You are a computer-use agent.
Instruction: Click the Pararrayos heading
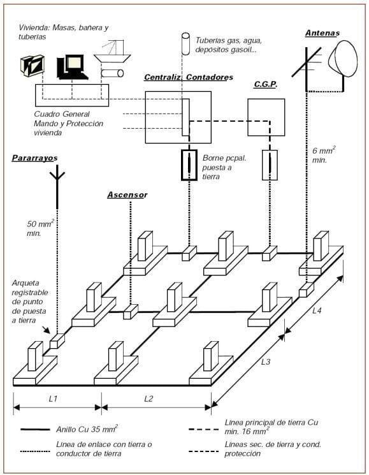click(x=34, y=158)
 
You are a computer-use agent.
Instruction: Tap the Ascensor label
click(x=127, y=195)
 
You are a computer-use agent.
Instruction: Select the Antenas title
click(x=322, y=33)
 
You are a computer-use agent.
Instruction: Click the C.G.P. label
click(x=266, y=84)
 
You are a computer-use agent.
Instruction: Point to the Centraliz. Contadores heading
click(x=189, y=77)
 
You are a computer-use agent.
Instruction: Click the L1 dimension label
click(x=53, y=398)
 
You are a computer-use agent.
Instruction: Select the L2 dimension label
click(x=148, y=398)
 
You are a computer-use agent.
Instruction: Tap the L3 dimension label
click(x=266, y=362)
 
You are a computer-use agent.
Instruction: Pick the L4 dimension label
click(x=317, y=311)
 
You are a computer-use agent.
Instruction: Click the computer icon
click(x=72, y=67)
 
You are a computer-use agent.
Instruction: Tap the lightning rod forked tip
click(x=57, y=173)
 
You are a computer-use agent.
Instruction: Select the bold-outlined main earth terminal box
click(x=189, y=165)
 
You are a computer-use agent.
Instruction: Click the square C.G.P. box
click(x=266, y=117)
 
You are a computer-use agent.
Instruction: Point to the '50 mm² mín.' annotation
click(x=40, y=228)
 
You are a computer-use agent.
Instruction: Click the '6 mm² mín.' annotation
click(x=324, y=154)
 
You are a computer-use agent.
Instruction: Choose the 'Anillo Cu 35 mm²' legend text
click(x=87, y=429)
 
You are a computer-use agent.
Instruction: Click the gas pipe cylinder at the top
click(x=185, y=43)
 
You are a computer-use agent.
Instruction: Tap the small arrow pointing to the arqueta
click(x=46, y=330)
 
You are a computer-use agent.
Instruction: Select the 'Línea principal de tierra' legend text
click(x=271, y=427)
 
